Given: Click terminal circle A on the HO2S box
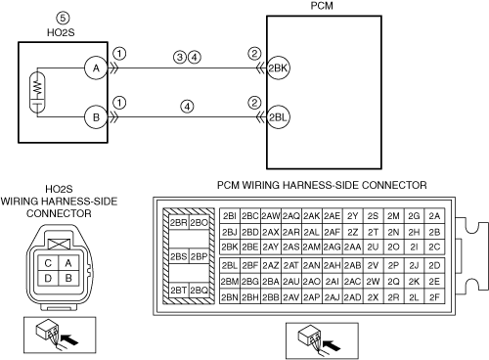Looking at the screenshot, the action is click(x=96, y=68).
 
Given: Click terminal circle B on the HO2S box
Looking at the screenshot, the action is click(x=96, y=117).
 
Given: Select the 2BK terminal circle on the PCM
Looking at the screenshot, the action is click(x=278, y=68).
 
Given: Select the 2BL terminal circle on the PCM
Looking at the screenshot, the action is click(x=278, y=117).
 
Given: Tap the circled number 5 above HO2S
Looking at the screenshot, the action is click(x=63, y=18).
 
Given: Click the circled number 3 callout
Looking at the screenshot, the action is click(x=180, y=58).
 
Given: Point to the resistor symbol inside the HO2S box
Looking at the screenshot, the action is click(x=38, y=86).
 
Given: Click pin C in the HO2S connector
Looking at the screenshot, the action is click(x=48, y=263).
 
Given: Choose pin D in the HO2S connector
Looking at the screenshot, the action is click(x=48, y=278).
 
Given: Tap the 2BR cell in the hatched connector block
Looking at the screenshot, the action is click(x=179, y=222).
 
